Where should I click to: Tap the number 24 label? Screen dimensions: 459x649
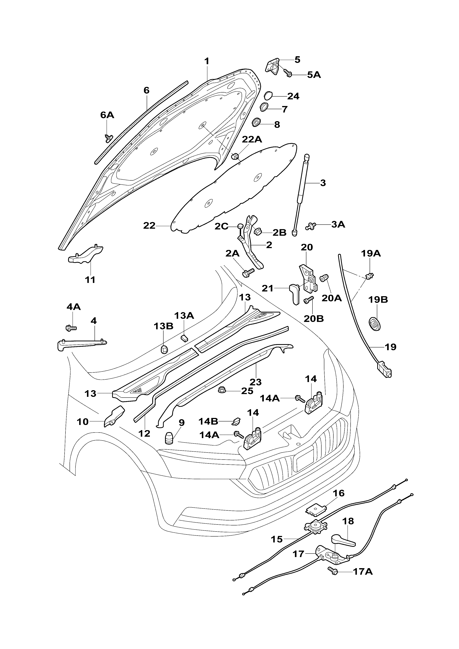tap(293, 96)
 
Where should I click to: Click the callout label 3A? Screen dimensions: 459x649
tap(338, 224)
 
